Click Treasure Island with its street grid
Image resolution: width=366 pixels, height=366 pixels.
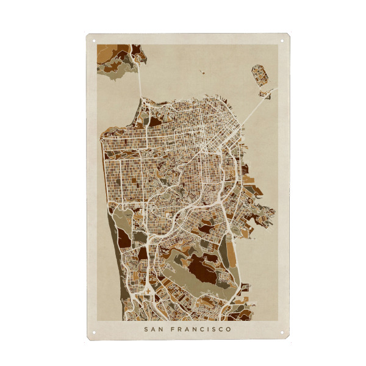point(260,76)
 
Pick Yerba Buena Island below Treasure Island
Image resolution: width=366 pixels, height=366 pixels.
point(265,94)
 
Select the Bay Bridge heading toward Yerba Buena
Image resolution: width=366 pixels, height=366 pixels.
point(253,110)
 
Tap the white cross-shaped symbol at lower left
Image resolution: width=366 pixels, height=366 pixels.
point(148,291)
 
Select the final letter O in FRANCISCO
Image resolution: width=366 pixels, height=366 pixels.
point(229,329)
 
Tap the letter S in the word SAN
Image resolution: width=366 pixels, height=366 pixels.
point(146,329)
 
